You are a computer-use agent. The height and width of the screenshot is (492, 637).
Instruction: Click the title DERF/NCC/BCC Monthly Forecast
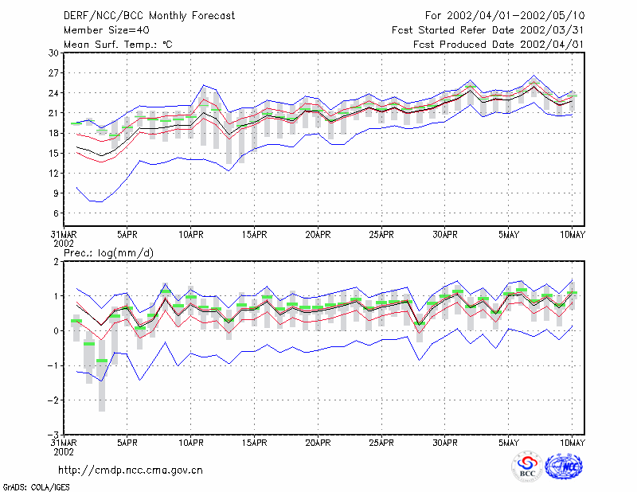pyautogui.click(x=149, y=16)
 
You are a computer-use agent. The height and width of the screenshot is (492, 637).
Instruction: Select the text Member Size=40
pyautogui.click(x=107, y=30)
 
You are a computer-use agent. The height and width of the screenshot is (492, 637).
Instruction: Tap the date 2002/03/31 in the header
pyautogui.click(x=552, y=30)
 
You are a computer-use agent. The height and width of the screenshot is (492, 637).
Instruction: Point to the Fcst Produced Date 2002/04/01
pyautogui.click(x=498, y=45)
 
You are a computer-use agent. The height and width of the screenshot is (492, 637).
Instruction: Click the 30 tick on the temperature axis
pyautogui.click(x=53, y=53)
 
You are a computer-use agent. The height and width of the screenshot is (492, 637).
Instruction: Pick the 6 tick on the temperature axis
pyautogui.click(x=56, y=213)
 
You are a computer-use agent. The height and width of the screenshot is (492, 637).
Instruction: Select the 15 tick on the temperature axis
pyautogui.click(x=53, y=153)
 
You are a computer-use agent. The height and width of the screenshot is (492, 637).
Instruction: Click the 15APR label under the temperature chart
pyautogui.click(x=254, y=235)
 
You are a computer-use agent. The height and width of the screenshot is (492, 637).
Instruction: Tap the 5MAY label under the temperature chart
pyautogui.click(x=509, y=235)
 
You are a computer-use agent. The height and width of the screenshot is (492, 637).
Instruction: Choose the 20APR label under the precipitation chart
pyautogui.click(x=318, y=443)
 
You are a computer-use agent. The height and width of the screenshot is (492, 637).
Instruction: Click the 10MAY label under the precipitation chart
pyautogui.click(x=572, y=443)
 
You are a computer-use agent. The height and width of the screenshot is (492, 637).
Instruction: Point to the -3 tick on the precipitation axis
pyautogui.click(x=53, y=435)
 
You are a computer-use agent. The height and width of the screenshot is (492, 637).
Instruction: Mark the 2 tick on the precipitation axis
pyautogui.click(x=56, y=262)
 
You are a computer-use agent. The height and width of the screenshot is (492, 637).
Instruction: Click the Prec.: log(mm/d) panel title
pyautogui.click(x=109, y=253)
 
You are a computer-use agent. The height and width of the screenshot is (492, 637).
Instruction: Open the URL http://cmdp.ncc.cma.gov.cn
pyautogui.click(x=131, y=471)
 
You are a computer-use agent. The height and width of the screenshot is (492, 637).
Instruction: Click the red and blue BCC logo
pyautogui.click(x=527, y=467)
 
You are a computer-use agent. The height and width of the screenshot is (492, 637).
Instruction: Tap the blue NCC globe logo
pyautogui.click(x=564, y=467)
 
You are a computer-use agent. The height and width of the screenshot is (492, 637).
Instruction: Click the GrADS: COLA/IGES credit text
pyautogui.click(x=36, y=487)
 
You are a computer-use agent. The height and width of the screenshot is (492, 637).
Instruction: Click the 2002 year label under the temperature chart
pyautogui.click(x=64, y=244)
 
